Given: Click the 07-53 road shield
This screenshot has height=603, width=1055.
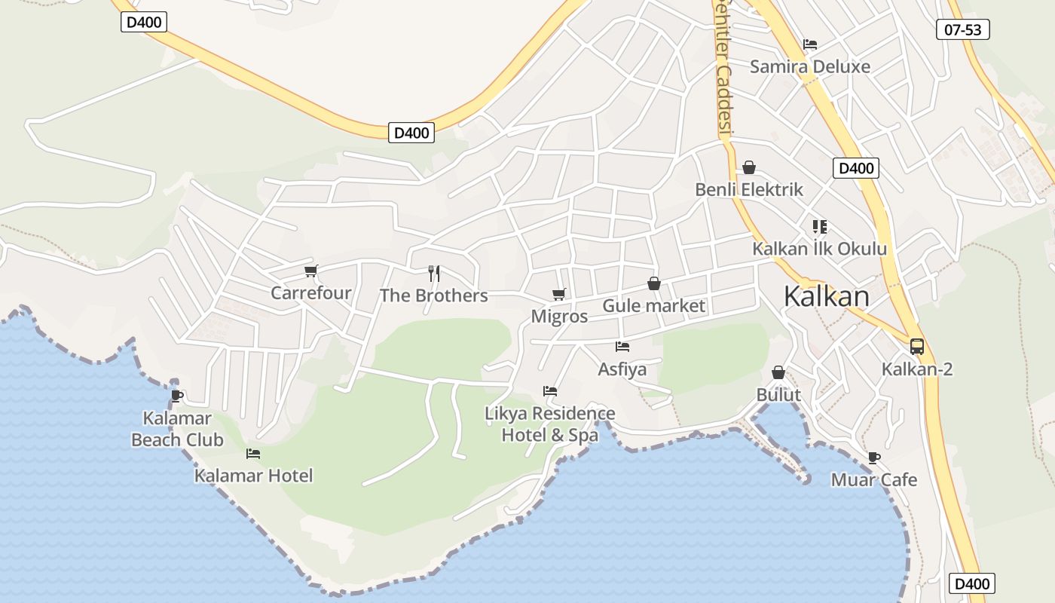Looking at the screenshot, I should pos(962,29).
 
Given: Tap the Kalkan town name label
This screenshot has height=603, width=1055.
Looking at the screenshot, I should pos(826,296).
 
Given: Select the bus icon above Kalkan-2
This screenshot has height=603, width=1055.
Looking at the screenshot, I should pos(916,346).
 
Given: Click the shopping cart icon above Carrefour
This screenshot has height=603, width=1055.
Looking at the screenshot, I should pos(310,271).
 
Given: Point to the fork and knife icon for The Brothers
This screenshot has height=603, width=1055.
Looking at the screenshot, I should pos(433,273).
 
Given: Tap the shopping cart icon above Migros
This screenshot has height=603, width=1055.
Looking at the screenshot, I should pos(558,294).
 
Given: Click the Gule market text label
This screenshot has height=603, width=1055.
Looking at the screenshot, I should pos(653,305).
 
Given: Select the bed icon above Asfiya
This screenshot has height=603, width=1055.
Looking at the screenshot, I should pos(622,347).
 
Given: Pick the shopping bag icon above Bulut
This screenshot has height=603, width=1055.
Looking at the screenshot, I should pos(778,372).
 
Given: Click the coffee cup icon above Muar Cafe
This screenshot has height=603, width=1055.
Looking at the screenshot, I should pos(873,458).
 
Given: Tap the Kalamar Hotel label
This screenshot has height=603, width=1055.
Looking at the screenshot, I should pos(253,476).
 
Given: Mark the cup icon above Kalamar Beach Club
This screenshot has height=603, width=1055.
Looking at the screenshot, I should pos(176,395).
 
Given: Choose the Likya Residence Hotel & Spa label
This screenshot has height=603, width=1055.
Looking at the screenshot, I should pos(550,424).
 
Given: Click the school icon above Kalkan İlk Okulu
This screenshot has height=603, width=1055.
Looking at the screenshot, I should pos(820,226).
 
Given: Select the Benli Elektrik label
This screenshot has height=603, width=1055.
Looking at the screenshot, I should pos(749,189).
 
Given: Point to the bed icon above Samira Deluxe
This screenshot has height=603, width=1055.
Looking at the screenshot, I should pos(810,44).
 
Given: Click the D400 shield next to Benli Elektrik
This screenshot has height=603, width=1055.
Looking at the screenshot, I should pos(855,168).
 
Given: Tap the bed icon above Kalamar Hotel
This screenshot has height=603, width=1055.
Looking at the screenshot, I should pos(253,454).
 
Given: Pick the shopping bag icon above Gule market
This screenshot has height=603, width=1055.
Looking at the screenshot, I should pos(653,283).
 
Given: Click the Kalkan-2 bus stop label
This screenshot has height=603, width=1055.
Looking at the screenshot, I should pos(917,369).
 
